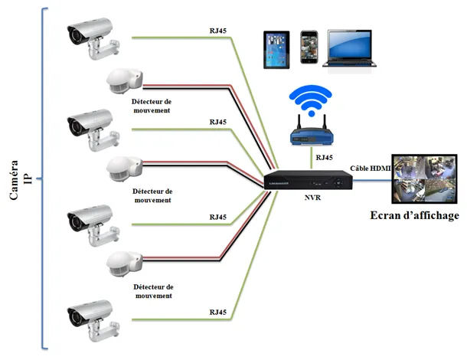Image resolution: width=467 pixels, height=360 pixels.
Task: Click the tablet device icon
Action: [276, 50]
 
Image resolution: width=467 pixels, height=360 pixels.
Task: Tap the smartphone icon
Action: [309, 47]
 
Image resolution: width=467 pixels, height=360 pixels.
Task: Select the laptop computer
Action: [349, 48]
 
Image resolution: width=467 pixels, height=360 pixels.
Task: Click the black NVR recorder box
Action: [308, 180]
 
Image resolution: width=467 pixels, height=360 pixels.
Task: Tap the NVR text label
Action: [312, 198]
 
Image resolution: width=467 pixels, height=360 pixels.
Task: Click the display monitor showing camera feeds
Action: [424, 178]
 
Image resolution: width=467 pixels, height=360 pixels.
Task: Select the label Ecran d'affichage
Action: [414, 215]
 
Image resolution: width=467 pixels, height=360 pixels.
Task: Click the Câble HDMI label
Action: [371, 169]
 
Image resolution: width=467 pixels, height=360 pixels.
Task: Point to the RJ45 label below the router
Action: [325, 158]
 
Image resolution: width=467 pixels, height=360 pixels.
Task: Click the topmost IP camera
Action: [93, 38]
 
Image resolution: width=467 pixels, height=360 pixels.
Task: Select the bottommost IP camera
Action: [93, 320]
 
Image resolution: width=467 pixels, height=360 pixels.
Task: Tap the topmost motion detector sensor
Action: [125, 81]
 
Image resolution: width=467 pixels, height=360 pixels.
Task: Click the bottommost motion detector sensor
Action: [125, 263]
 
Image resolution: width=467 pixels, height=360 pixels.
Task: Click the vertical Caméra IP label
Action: [20, 180]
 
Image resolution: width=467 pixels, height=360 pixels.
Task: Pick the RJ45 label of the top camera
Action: [218, 31]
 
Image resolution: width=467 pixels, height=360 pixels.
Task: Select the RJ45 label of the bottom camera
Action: [218, 313]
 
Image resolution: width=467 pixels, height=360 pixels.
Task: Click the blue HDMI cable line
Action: [372, 180]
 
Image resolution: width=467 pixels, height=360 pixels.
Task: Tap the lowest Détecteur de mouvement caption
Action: [153, 292]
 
